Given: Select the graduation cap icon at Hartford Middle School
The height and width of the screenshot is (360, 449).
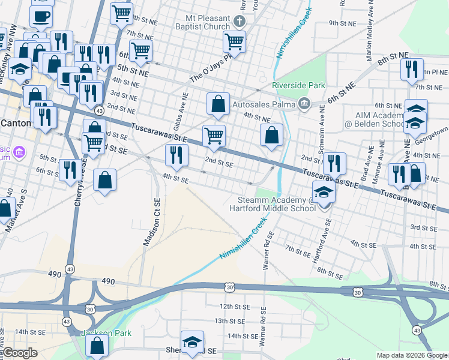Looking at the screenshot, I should (x=324, y=193).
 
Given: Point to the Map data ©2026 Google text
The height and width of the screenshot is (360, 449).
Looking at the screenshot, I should (x=412, y=355).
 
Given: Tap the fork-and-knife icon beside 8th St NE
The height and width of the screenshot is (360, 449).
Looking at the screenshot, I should (x=412, y=69).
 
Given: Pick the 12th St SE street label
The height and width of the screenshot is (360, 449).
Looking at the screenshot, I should (x=234, y=306).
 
